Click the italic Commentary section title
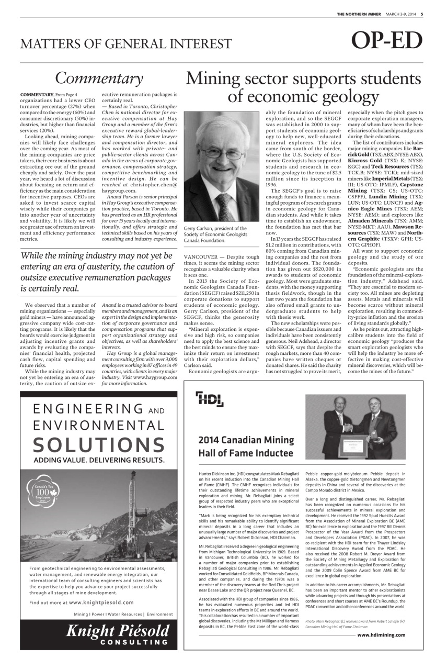(x=99, y=78)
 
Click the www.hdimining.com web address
(x=381, y=634)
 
